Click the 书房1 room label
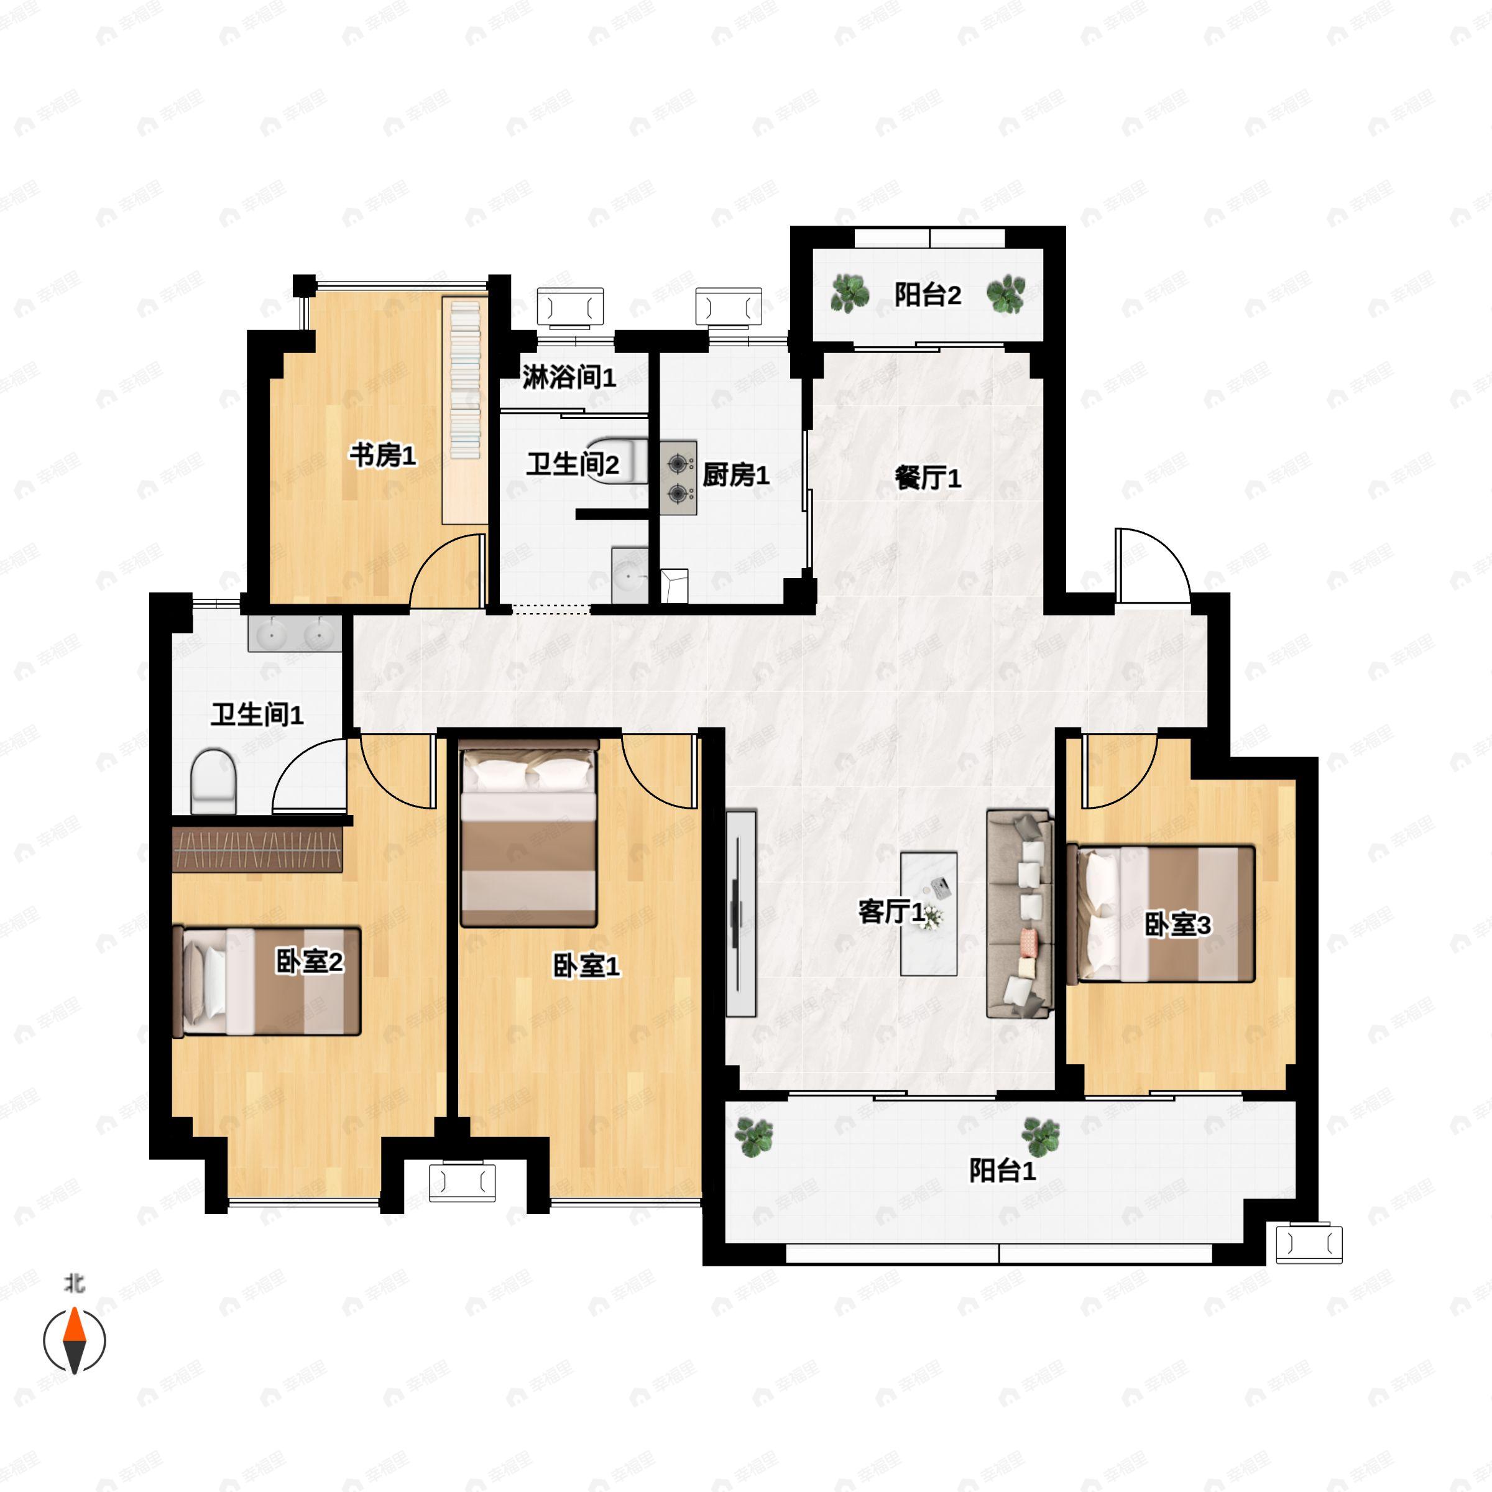point(383,455)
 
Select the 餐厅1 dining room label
point(928,478)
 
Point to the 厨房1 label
point(735,475)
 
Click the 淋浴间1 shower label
point(569,377)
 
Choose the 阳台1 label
point(1002,1171)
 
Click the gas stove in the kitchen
point(679,478)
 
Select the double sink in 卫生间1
point(294,635)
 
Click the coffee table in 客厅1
point(929,914)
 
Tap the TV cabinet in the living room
point(740,913)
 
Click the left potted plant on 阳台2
point(849,294)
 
